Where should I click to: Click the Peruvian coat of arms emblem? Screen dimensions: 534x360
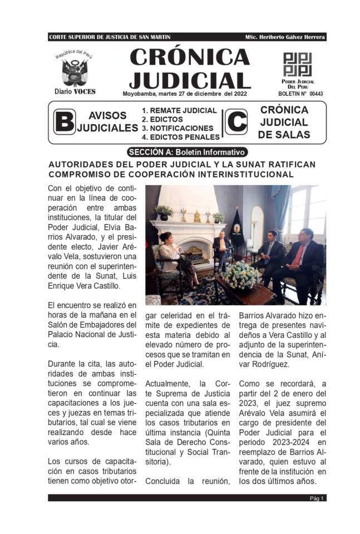pyautogui.click(x=74, y=72)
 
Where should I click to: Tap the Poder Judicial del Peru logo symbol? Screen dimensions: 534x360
pyautogui.click(x=298, y=65)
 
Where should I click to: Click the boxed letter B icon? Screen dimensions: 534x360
pyautogui.click(x=64, y=122)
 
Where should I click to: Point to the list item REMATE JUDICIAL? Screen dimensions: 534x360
pyautogui.click(x=179, y=111)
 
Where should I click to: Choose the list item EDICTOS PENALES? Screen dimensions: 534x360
pyautogui.click(x=180, y=137)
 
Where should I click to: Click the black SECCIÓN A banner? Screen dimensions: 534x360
pyautogui.click(x=186, y=152)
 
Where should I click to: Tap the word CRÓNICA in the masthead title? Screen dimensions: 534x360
pyautogui.click(x=189, y=57)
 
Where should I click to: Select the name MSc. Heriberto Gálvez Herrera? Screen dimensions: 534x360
pyautogui.click(x=284, y=37)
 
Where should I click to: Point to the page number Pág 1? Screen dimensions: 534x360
pyautogui.click(x=317, y=498)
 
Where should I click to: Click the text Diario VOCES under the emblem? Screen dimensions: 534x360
pyautogui.click(x=75, y=91)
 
